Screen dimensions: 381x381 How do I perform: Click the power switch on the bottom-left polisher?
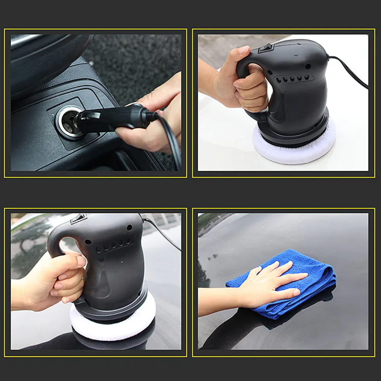coord(78,219)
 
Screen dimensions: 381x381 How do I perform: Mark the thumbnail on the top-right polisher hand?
coord(243,50)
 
